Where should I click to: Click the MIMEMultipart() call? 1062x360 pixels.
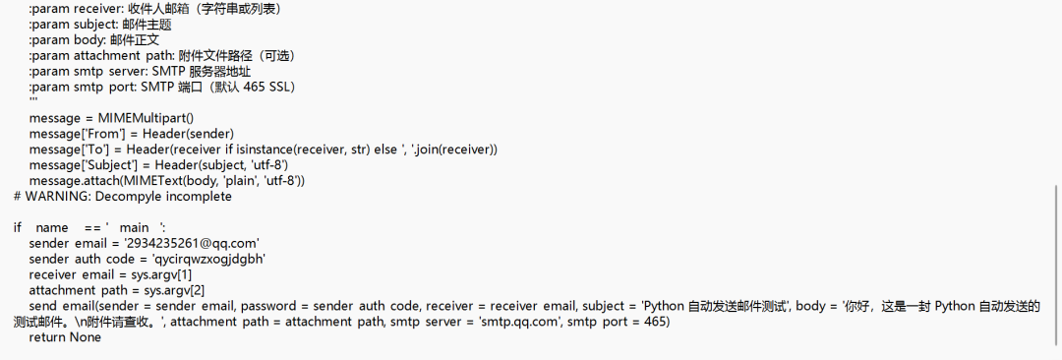tap(146, 118)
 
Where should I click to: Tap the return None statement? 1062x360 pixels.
tap(65, 336)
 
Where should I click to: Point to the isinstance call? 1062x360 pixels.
tap(279, 150)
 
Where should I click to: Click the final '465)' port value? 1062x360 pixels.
tap(658, 322)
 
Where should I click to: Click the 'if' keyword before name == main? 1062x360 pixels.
tap(18, 227)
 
